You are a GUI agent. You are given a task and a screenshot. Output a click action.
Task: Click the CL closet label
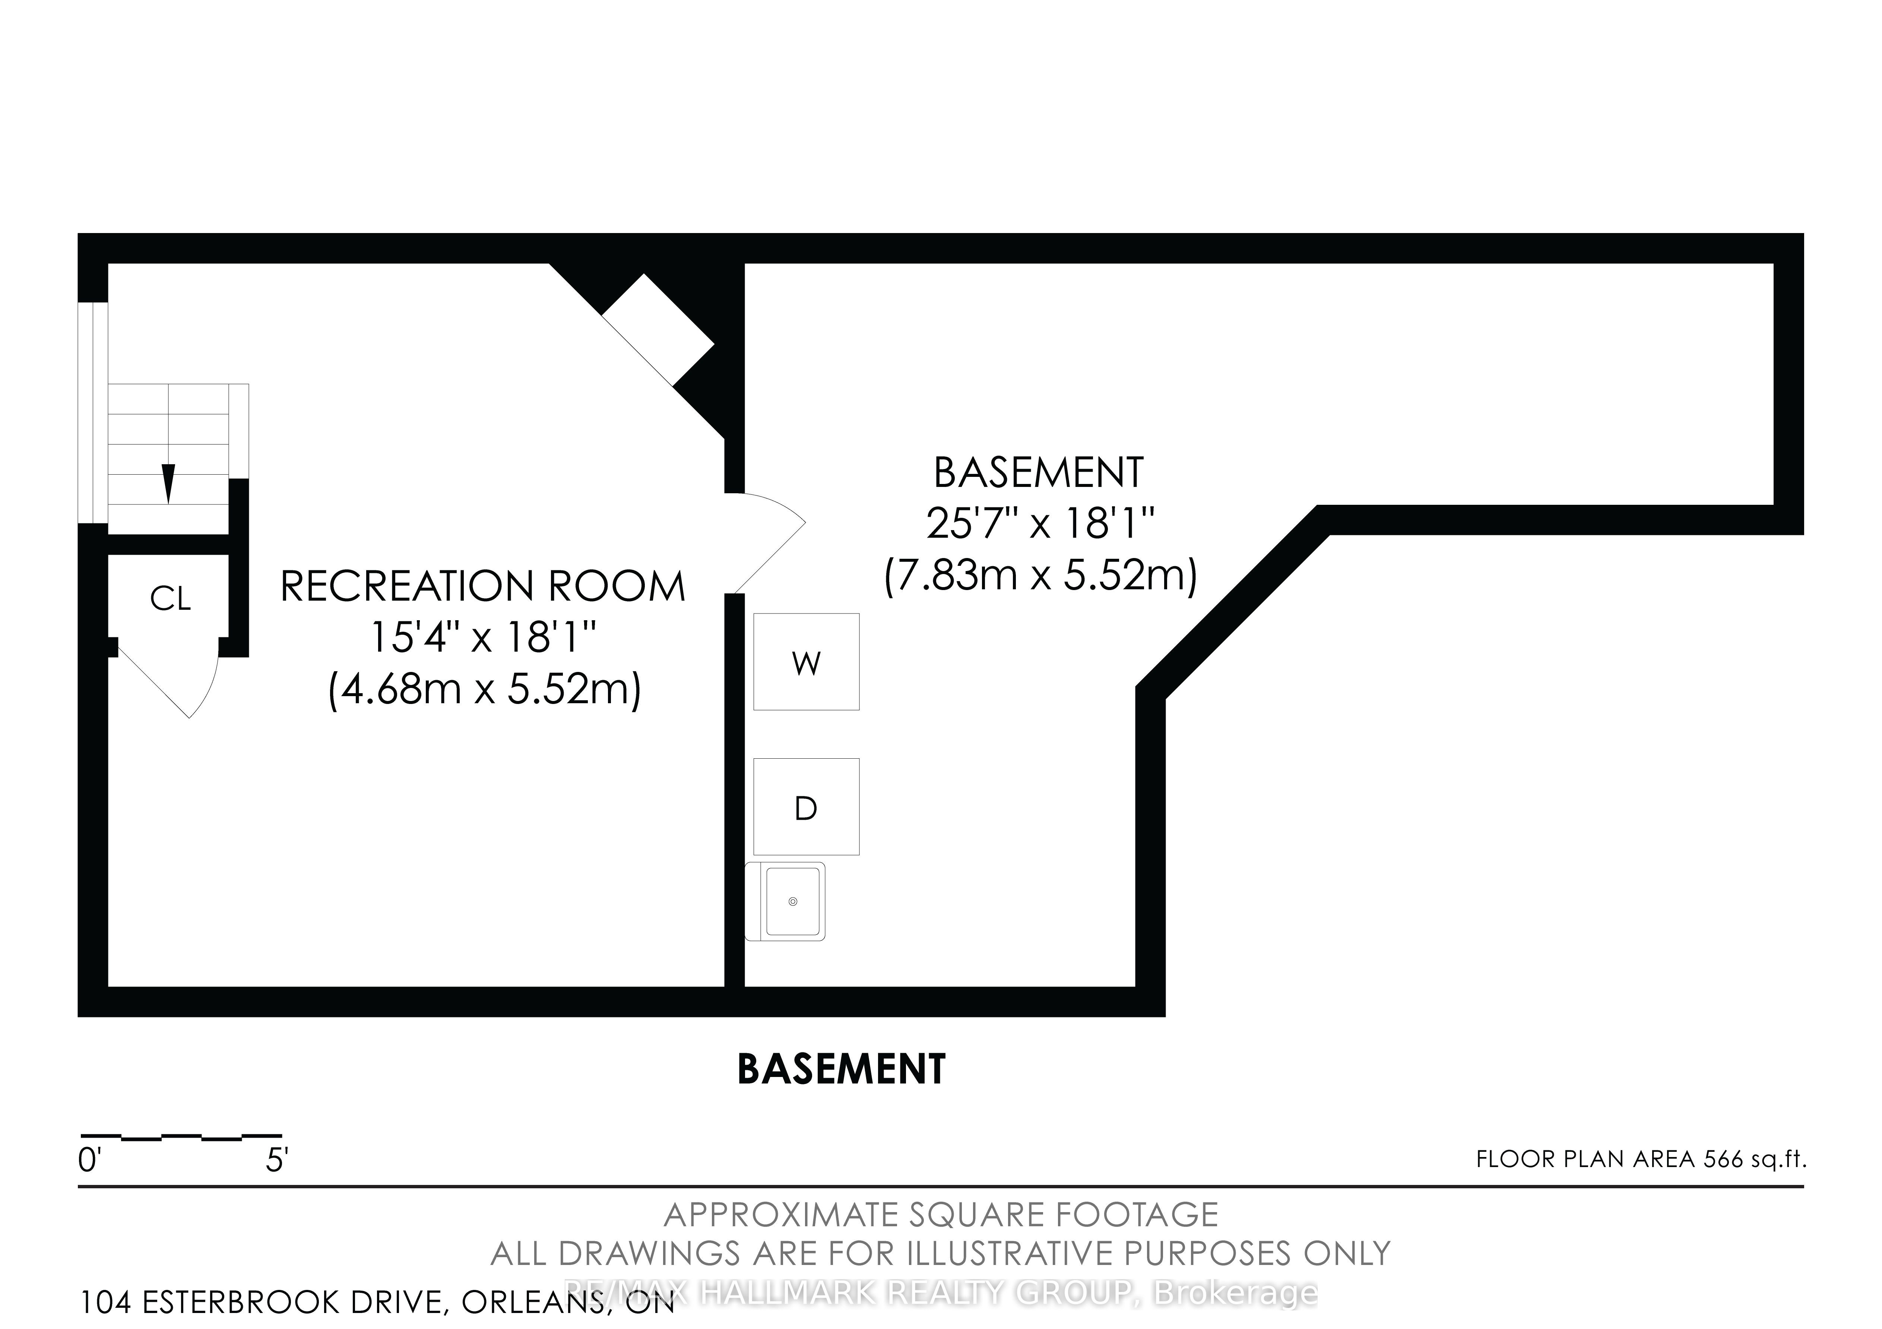coord(171,599)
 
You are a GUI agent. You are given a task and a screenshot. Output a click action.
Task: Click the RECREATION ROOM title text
coord(483,587)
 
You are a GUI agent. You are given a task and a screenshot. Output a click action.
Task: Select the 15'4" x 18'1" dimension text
coord(483,637)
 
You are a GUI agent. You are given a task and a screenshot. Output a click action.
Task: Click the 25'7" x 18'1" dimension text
coord(1039,523)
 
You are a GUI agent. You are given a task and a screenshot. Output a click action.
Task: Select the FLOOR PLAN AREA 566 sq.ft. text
coord(1640,1159)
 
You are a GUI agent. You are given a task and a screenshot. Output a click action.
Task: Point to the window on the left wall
coord(93,412)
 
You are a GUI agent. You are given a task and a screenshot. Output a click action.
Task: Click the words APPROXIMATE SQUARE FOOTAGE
coord(940,1214)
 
